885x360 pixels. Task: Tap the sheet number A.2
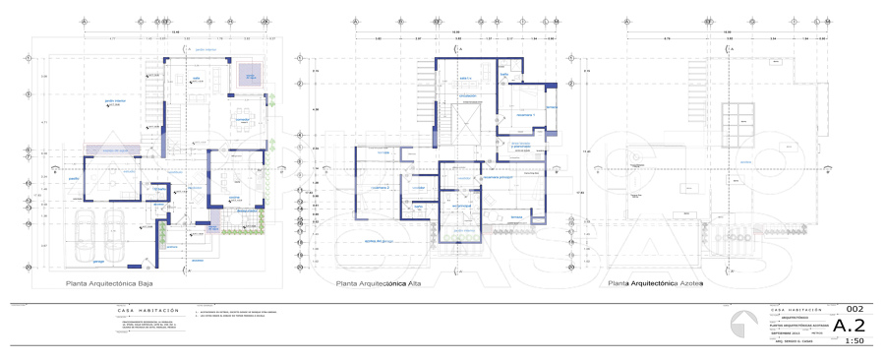(849, 325)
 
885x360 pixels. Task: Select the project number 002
(855, 309)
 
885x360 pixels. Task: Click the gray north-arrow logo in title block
(745, 326)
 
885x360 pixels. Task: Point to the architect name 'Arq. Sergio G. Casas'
(787, 341)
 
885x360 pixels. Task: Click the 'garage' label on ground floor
(98, 263)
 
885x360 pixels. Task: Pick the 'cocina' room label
(235, 197)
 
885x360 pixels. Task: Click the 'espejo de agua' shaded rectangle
(116, 150)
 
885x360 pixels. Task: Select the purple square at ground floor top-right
(248, 74)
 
